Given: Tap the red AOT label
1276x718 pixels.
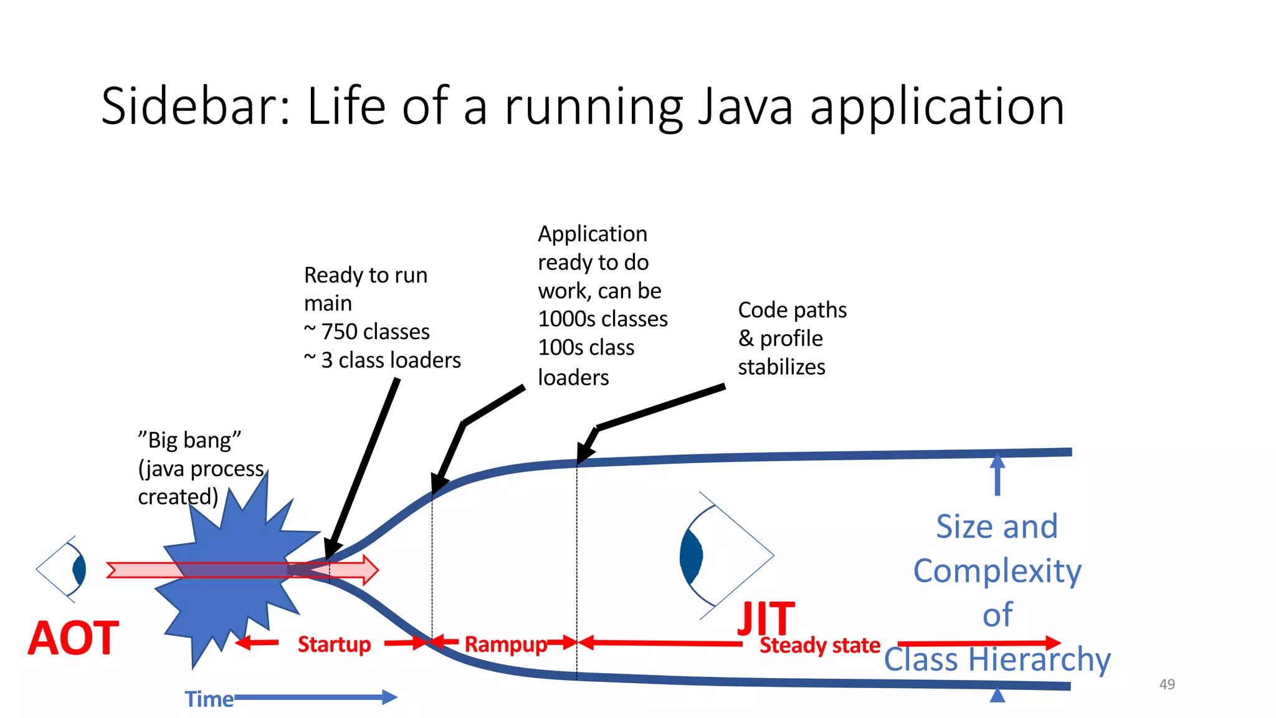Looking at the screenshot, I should [x=74, y=638].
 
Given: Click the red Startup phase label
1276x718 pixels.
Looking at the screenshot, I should [x=334, y=644].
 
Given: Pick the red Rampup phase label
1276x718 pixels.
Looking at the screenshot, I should [x=505, y=644].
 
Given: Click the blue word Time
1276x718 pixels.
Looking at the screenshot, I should [x=209, y=699].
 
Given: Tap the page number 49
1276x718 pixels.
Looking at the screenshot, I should [x=1167, y=684].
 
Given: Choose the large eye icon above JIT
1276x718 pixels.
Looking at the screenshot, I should [x=723, y=555].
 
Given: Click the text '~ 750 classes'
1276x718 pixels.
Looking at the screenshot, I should [x=367, y=332].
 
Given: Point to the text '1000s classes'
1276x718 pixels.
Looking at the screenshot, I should [x=602, y=319].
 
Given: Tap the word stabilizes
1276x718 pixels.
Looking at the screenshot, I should [x=781, y=367].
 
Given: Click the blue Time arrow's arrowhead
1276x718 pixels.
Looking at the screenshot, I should [x=390, y=697].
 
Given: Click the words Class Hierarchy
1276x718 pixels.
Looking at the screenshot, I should [x=997, y=659].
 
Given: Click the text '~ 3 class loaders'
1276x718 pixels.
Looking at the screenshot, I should [x=383, y=360].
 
